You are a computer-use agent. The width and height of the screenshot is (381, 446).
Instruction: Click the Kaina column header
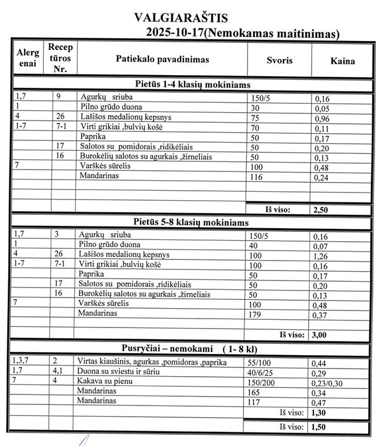click(x=343, y=60)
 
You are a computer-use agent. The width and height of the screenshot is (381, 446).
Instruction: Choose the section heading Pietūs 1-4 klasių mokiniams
click(x=192, y=85)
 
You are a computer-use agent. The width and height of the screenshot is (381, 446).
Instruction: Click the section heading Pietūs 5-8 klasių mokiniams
click(x=191, y=223)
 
